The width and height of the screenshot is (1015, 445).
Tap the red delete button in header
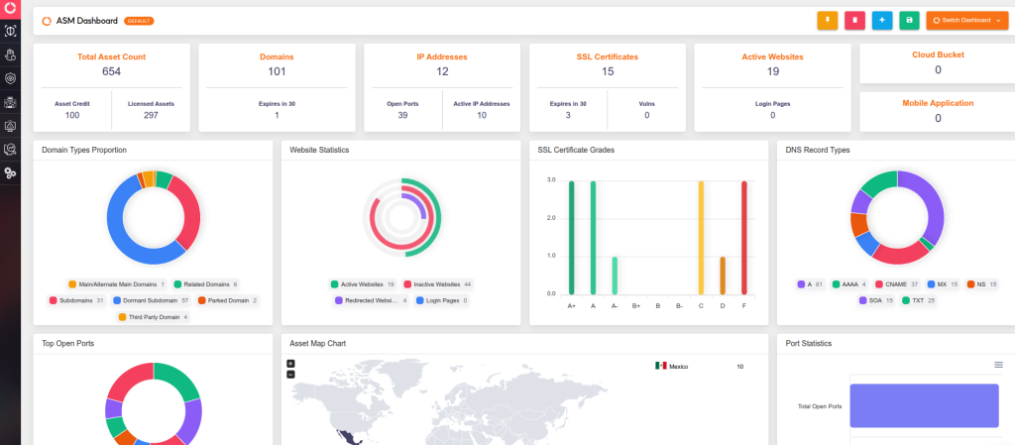854,20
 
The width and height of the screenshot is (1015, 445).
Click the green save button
909,20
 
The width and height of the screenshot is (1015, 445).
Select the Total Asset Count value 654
111,71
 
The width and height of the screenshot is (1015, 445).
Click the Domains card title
277,56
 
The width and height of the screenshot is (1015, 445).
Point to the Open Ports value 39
402,115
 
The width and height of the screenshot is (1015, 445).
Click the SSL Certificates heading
607,56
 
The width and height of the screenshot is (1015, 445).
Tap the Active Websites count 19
772,71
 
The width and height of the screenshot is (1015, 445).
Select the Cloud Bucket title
938,55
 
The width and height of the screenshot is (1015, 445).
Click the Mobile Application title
938,102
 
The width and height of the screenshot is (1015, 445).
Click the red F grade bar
743,238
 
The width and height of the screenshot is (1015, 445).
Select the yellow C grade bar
701,238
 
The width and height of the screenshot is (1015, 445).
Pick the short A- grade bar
615,276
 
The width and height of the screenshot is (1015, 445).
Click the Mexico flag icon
660,366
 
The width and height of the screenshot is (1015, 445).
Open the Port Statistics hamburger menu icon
998,365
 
